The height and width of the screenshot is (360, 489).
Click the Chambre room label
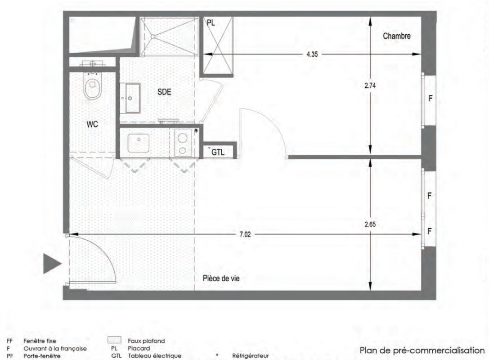[x=396, y=36]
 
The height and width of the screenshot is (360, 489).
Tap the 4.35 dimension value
[x=312, y=54]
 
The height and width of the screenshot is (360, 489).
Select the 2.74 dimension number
[x=370, y=85]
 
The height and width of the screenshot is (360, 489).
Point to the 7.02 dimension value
[x=245, y=234]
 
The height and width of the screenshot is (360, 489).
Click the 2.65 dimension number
[x=370, y=224]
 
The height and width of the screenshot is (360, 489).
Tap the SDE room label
[x=164, y=92]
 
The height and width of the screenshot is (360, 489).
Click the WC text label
[x=92, y=125]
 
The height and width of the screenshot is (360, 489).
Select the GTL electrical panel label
[x=218, y=153]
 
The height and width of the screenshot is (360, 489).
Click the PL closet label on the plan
[x=211, y=23]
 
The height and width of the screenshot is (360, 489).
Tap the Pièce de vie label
[x=221, y=278]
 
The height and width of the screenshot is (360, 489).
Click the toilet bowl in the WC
[x=92, y=86]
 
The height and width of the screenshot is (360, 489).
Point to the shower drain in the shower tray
[x=153, y=36]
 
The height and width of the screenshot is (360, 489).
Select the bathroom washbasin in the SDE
[x=133, y=98]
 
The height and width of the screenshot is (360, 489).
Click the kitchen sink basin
[x=139, y=143]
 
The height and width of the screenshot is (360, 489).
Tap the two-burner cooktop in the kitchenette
[x=183, y=143]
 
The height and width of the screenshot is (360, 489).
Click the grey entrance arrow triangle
[x=52, y=264]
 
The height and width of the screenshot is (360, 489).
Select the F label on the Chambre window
[x=431, y=99]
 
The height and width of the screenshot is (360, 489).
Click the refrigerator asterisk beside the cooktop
[x=196, y=131]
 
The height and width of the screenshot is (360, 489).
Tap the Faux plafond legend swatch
[x=114, y=340]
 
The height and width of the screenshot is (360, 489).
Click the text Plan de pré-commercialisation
[x=422, y=351]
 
